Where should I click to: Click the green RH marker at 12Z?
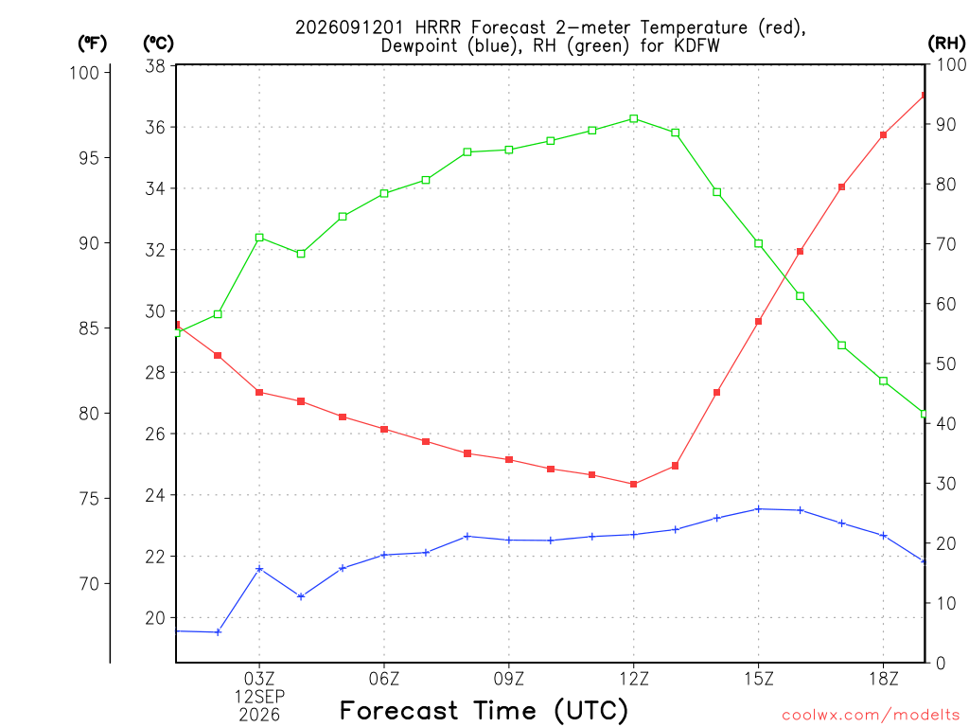[x=633, y=118]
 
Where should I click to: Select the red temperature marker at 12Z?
[x=633, y=484]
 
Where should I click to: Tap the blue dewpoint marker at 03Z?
[x=259, y=569]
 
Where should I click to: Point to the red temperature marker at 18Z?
[x=883, y=134]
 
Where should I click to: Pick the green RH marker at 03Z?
[x=259, y=238]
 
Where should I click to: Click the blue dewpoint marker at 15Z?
[x=758, y=508]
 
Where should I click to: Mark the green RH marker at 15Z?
[x=758, y=243]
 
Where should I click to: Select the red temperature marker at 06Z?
[x=384, y=429]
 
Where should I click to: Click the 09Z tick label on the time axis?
[x=508, y=679]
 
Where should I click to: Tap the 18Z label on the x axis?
[x=883, y=679]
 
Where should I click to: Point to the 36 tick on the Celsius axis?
[x=155, y=128]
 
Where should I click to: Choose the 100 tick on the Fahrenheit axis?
[x=84, y=72]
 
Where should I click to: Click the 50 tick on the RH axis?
[x=945, y=363]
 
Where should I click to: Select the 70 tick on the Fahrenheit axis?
[x=89, y=583]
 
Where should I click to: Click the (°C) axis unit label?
[x=158, y=44]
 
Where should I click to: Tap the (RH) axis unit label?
[x=946, y=43]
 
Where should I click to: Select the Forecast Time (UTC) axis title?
[x=484, y=710]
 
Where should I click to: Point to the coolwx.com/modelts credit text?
[x=871, y=716]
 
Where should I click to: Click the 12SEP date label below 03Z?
[x=259, y=697]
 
